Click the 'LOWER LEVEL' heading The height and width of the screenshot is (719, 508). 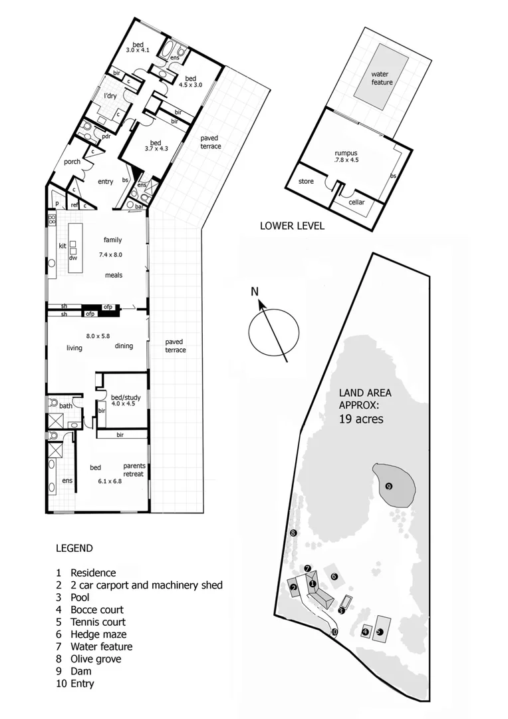(x=292, y=226)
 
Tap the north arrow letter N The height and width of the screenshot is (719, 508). (x=255, y=292)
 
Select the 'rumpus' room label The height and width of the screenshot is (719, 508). (x=346, y=153)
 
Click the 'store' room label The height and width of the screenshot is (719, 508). (x=305, y=181)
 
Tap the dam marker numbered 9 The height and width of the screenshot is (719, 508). (x=389, y=486)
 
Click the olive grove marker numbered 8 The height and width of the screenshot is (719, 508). (x=293, y=533)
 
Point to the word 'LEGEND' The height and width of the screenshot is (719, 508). (x=74, y=549)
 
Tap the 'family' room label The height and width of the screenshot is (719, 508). (x=112, y=240)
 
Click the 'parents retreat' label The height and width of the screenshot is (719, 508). (x=134, y=469)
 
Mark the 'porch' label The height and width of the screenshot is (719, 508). (x=72, y=162)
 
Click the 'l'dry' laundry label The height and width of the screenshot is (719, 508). (x=110, y=97)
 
